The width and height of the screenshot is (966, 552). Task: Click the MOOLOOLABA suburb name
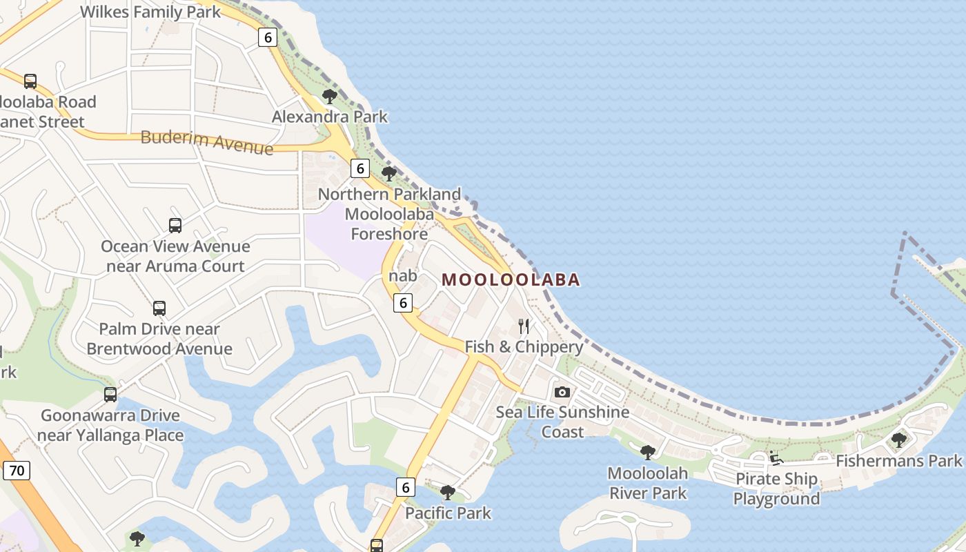pos(511,279)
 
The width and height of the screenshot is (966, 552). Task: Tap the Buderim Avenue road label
pos(206,141)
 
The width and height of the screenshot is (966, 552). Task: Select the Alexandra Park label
pos(330,117)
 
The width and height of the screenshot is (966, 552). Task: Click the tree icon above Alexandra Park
pos(330,97)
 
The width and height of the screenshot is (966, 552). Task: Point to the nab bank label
pos(403,276)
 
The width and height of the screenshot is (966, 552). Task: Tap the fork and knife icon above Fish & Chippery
pos(524,326)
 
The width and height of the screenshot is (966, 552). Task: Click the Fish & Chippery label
pos(524,346)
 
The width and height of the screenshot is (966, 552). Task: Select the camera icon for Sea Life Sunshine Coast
pos(562,392)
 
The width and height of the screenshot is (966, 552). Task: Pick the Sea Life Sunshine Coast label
pos(562,422)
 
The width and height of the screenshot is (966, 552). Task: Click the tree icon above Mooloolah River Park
pos(647,453)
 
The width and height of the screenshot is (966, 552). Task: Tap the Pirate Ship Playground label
pos(776,489)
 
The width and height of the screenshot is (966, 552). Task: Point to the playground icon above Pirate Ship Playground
pos(776,458)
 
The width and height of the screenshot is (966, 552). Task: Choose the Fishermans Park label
pos(898,460)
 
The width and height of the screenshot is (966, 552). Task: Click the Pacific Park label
pos(448,513)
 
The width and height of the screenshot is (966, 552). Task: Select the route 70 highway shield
pos(17,471)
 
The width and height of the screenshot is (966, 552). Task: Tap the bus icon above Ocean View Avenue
pos(175,225)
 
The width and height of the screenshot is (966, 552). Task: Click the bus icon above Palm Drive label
pos(159,308)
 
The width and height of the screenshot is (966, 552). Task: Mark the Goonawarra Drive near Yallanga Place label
pos(110,425)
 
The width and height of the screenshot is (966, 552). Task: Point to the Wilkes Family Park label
pos(150,12)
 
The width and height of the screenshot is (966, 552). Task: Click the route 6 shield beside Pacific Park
pos(406,487)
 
